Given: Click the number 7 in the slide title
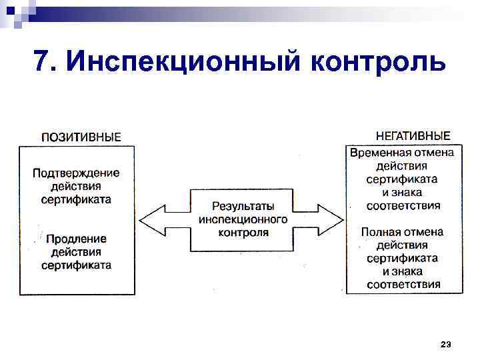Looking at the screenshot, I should coord(42,62).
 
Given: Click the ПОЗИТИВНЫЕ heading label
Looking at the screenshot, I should coord(81,137).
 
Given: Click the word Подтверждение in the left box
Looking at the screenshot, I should coord(76,173).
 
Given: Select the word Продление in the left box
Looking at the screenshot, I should coord(76,239).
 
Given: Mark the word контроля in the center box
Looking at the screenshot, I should coord(243,232).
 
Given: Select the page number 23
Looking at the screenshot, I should coord(445,344).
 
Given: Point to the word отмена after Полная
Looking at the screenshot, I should coord(423,232).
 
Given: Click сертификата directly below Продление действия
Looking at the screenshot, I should coord(76,265).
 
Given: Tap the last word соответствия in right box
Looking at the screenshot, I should coord(402,285).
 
